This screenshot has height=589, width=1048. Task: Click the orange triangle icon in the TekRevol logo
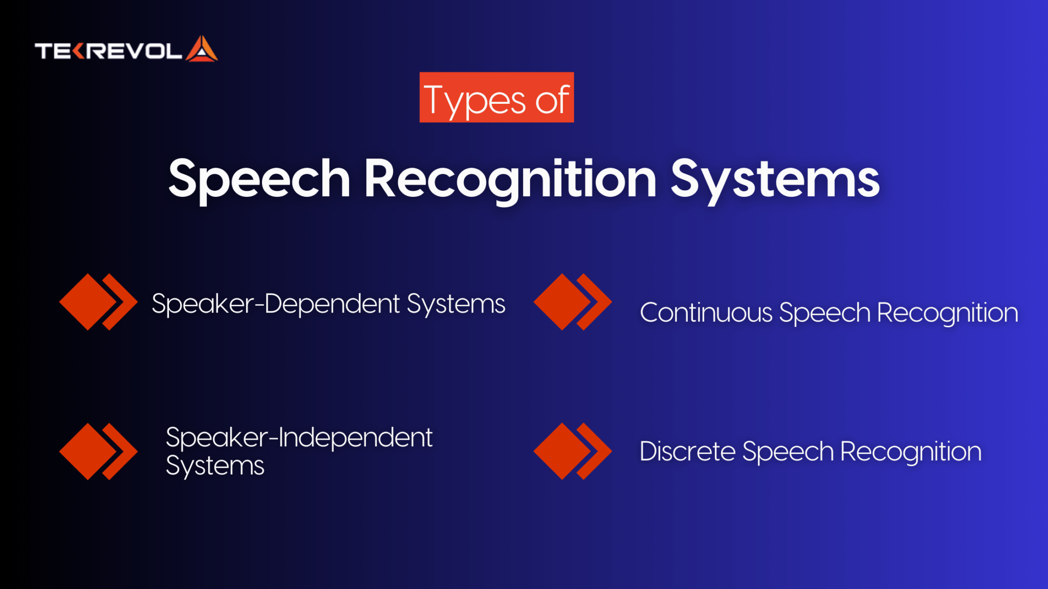point(202,50)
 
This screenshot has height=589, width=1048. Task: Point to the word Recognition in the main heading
point(510,179)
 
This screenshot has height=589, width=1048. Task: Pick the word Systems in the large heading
point(775,179)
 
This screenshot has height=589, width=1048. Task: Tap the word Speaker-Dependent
point(276,304)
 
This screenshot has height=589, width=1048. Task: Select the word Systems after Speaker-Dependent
point(456,304)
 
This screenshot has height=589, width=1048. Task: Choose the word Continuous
point(706,312)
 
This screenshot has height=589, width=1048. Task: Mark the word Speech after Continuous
point(824,313)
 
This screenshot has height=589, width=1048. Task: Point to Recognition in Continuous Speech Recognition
point(948,313)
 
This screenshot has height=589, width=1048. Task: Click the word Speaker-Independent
point(299,438)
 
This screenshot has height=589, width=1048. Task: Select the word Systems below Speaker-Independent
point(215,466)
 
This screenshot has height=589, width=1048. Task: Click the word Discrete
point(687,451)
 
